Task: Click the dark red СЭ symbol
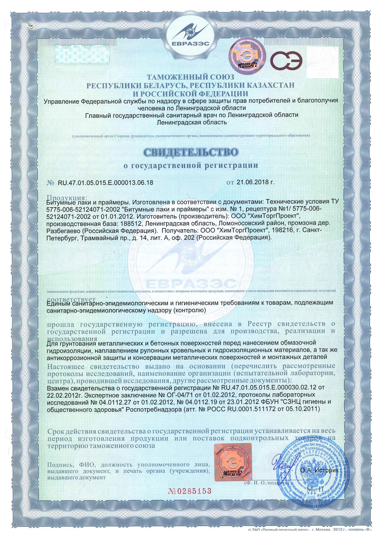pos(288,60)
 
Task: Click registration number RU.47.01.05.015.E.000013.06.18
pos(105,183)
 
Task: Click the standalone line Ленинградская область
pos(191,122)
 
